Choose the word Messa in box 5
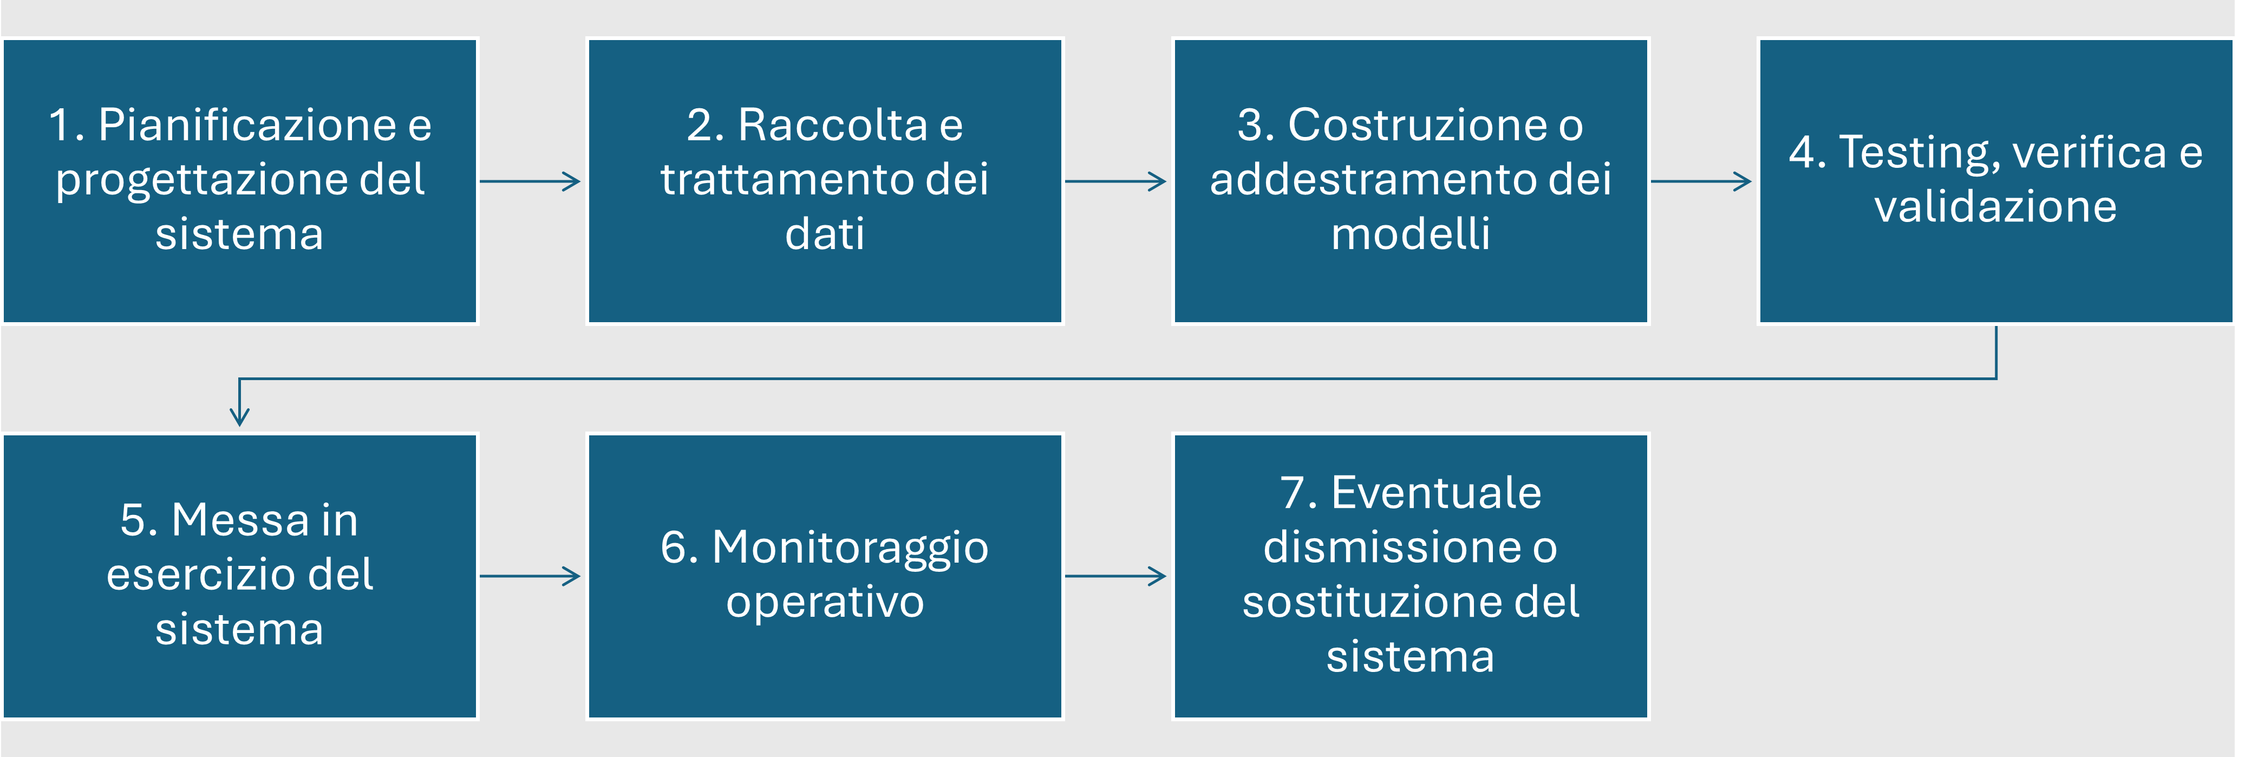(240, 520)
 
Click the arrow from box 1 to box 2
(530, 181)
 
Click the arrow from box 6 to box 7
(1115, 576)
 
